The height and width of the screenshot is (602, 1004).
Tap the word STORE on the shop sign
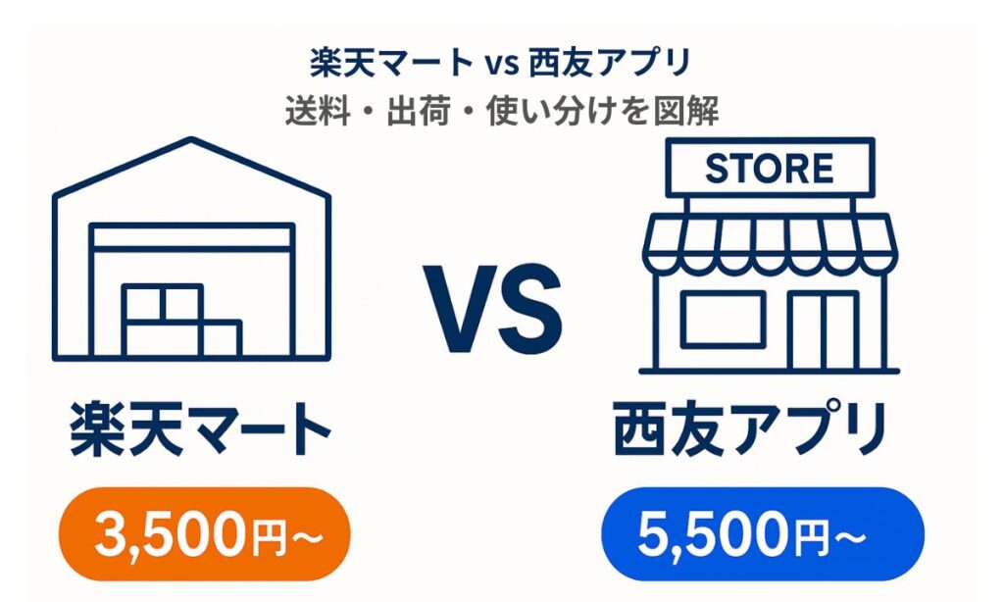[769, 169]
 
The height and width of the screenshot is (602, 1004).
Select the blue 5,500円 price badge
[762, 535]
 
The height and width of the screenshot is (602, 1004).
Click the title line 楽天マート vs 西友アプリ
[502, 64]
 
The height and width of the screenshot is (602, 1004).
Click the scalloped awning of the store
[769, 239]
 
